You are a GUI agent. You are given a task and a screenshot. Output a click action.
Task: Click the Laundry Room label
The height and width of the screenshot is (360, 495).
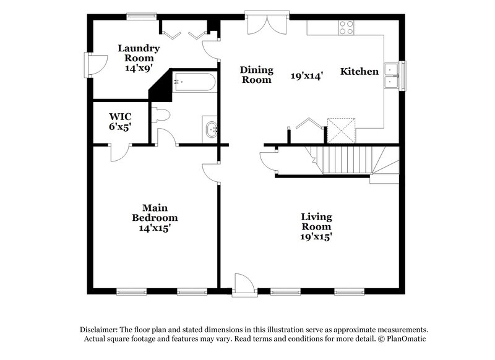[139, 53]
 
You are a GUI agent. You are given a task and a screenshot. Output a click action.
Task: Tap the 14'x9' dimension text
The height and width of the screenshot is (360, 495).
[139, 69]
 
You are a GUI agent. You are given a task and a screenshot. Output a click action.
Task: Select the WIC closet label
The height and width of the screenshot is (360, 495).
[120, 116]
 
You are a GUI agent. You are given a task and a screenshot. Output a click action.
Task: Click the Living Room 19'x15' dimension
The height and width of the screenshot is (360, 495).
[316, 236]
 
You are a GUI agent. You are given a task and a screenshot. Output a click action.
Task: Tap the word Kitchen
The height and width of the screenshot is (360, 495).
[359, 72]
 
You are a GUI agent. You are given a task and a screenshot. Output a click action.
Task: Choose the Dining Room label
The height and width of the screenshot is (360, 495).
[257, 75]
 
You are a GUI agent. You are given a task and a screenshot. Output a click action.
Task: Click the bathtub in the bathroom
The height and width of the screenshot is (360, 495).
[194, 82]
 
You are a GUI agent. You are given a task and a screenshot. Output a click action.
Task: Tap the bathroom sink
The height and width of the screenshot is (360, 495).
[210, 130]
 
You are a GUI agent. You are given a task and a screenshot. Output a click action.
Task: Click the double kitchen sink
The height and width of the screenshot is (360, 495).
[392, 74]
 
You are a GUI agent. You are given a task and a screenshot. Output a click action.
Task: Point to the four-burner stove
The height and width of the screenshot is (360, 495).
[346, 27]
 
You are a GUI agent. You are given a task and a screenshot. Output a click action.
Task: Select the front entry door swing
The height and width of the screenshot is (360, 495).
[244, 285]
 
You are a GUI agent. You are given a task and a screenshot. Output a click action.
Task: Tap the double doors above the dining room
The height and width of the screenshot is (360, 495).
[267, 23]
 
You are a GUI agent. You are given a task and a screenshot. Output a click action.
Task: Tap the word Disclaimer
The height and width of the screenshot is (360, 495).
[100, 330]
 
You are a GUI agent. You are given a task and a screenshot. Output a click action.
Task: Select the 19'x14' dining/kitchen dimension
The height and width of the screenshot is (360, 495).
[306, 76]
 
